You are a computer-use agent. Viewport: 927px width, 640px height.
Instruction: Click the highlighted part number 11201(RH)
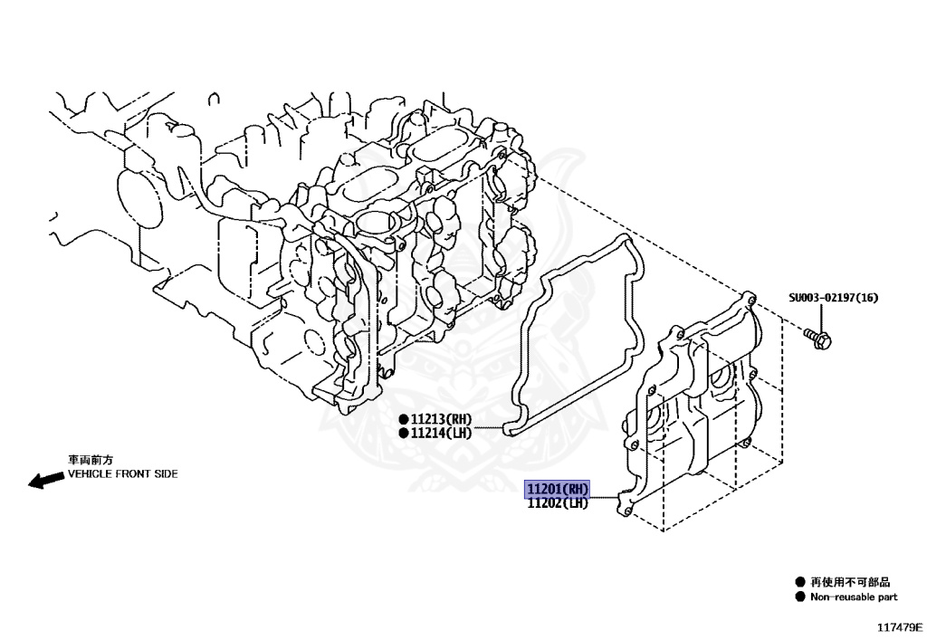(x=558, y=490)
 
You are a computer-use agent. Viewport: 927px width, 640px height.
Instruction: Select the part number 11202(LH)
(x=558, y=503)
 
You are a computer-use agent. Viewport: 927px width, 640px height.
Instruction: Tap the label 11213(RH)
(x=441, y=420)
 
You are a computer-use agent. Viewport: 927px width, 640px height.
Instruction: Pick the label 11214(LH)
(x=441, y=434)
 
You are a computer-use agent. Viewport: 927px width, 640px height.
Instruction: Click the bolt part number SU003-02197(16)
(x=833, y=298)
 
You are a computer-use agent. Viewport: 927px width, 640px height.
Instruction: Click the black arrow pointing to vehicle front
(x=45, y=481)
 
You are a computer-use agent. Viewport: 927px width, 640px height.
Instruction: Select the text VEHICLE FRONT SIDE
(x=122, y=473)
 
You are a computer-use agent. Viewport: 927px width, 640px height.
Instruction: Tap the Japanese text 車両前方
(x=90, y=460)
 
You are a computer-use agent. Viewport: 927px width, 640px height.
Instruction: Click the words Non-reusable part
(x=854, y=597)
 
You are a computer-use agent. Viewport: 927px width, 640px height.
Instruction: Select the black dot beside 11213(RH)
(x=403, y=420)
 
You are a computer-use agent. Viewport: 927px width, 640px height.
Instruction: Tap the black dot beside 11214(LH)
(x=403, y=434)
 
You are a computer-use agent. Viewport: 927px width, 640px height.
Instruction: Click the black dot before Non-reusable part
(x=799, y=597)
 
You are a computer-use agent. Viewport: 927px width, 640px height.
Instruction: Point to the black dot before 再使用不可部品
(x=799, y=582)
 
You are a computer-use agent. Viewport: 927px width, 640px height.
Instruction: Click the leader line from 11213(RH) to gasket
(x=489, y=426)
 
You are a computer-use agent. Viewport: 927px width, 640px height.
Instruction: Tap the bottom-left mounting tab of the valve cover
(x=622, y=503)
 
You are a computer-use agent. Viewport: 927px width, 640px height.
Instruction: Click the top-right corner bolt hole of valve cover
(x=748, y=296)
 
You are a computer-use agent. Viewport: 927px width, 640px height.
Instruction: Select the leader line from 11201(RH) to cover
(x=604, y=496)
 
